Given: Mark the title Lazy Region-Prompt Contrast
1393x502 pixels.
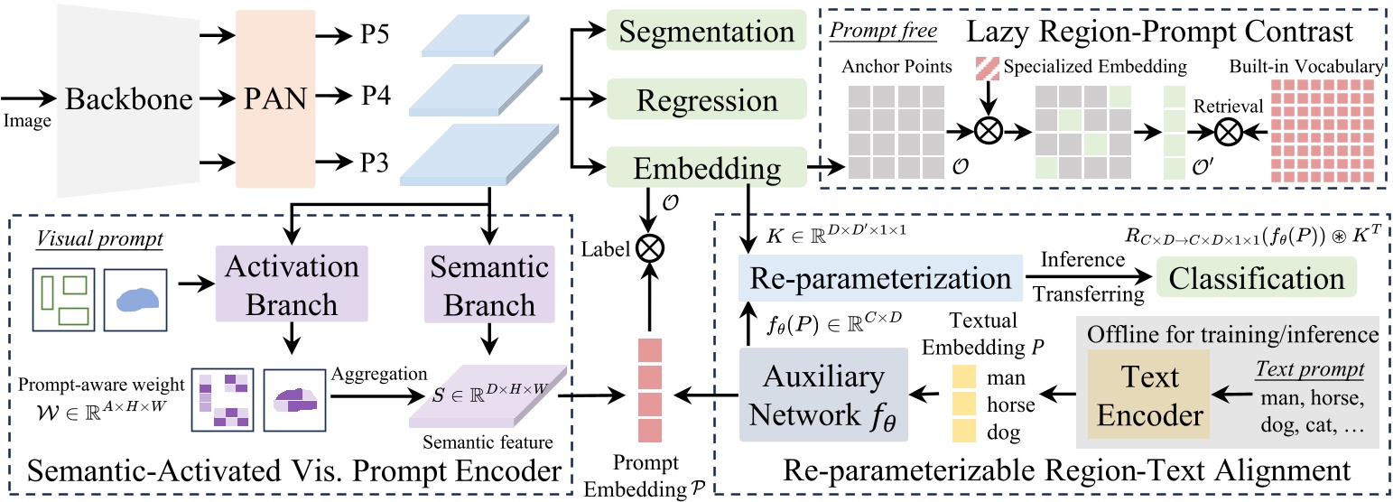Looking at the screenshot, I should click(1159, 33).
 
